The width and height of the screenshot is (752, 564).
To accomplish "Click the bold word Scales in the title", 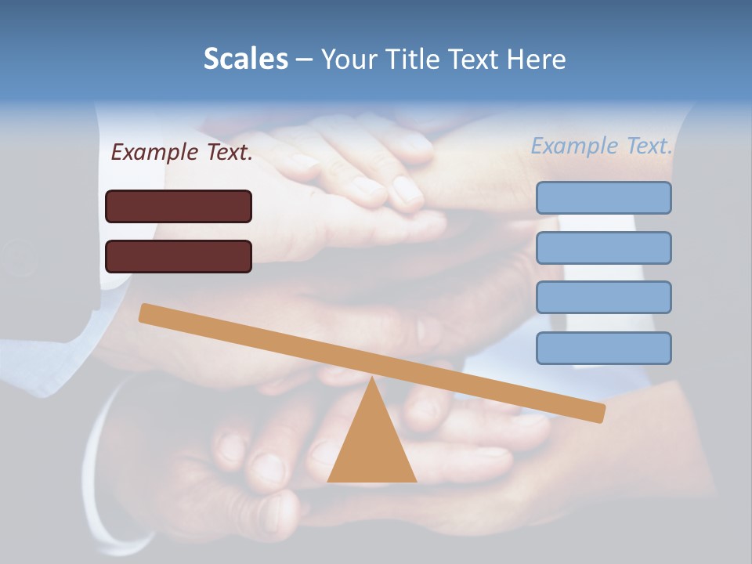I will (245, 59).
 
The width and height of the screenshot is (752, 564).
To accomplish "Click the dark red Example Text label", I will (182, 152).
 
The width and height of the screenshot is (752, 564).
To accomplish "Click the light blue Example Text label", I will (602, 146).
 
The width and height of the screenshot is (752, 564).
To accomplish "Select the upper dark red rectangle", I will (179, 206).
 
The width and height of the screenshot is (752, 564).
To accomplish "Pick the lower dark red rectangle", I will (179, 256).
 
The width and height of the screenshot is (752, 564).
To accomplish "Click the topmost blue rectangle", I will (604, 197).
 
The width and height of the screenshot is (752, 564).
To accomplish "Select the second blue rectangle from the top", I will (604, 248).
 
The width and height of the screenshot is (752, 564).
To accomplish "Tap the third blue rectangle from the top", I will (604, 298).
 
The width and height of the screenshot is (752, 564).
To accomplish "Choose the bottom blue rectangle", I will (604, 348).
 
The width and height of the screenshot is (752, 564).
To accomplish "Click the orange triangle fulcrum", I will (372, 446).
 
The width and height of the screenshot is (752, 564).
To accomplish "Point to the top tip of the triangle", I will (372, 379).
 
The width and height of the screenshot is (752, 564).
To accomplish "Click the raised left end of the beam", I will (146, 313).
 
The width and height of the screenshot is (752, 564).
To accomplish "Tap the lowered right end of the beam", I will (598, 413).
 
